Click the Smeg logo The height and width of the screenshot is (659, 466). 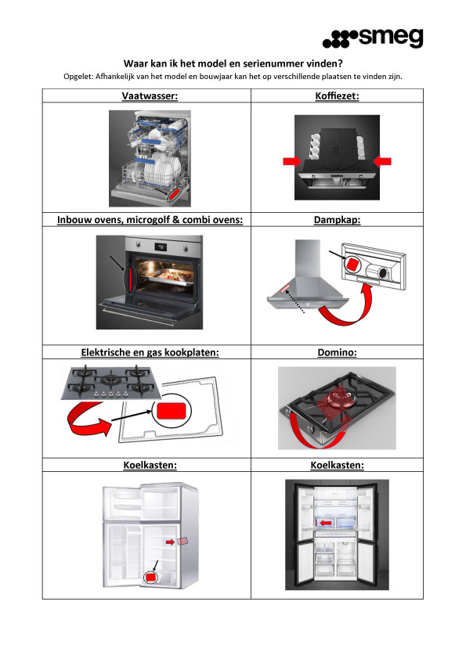click(373, 38)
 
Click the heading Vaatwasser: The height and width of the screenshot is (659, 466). click(150, 95)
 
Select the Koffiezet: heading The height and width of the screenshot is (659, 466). click(337, 95)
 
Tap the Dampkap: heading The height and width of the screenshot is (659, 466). click(337, 220)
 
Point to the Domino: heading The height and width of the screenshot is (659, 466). click(337, 352)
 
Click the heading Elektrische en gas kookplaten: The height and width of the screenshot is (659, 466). click(150, 352)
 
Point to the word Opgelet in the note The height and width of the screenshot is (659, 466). click(78, 77)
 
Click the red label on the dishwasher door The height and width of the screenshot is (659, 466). click(175, 194)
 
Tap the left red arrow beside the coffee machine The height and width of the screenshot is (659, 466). click(291, 161)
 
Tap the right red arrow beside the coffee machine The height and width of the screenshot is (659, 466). click(382, 161)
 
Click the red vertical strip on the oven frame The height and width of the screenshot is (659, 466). click(131, 279)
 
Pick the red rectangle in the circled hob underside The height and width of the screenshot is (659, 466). click(172, 411)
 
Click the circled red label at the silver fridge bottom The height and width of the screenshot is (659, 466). click(150, 577)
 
